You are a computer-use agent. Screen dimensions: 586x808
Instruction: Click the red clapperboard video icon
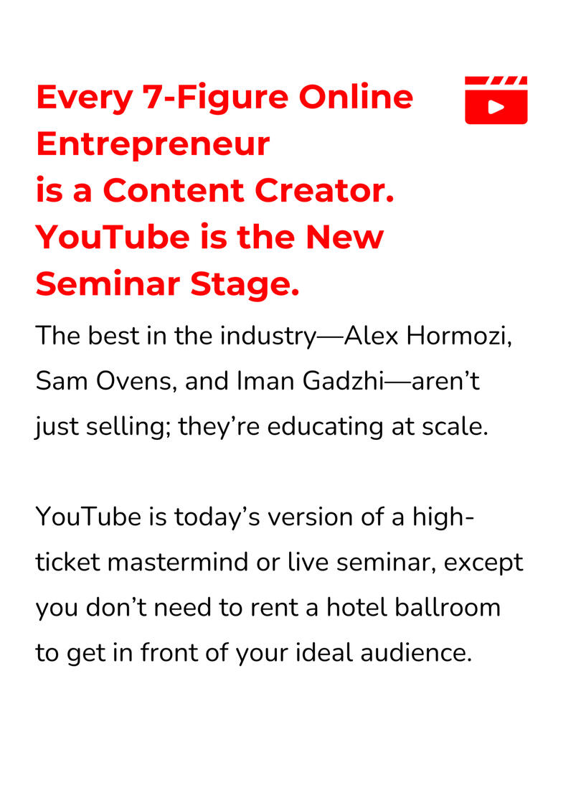496,100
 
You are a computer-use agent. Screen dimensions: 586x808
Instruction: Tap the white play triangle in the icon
496,107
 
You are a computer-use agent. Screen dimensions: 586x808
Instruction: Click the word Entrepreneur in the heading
153,144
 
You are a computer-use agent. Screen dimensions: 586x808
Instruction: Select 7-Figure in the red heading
215,98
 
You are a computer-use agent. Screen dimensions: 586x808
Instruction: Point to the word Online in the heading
356,96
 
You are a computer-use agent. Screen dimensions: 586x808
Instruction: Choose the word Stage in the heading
245,285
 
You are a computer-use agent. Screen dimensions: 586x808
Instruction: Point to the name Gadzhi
344,382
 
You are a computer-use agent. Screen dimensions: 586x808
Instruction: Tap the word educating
325,427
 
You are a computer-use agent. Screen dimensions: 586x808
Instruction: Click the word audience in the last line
416,653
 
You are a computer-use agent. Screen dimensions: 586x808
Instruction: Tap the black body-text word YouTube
88,517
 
